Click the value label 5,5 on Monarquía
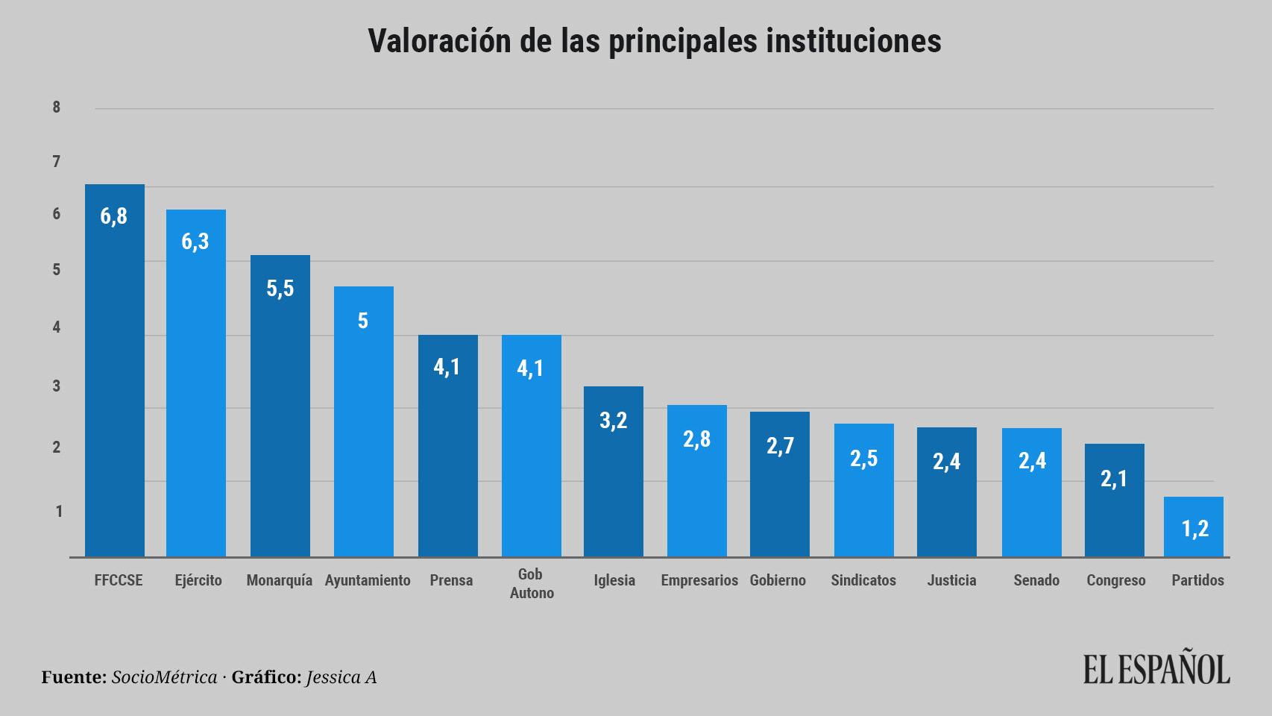coord(280,289)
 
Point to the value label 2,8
coord(696,439)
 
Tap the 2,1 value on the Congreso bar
coord(1114,479)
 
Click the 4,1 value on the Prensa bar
coord(447,367)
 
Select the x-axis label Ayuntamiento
coord(368,580)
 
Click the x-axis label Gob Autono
coord(532,583)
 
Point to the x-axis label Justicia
coord(951,580)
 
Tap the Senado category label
coord(1036,580)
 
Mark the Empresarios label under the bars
coord(699,580)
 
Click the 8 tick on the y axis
coord(57,107)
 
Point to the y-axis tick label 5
coord(57,269)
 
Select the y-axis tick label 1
coord(58,512)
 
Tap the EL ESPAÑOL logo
coord(1156,669)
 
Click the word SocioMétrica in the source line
coord(164,677)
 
